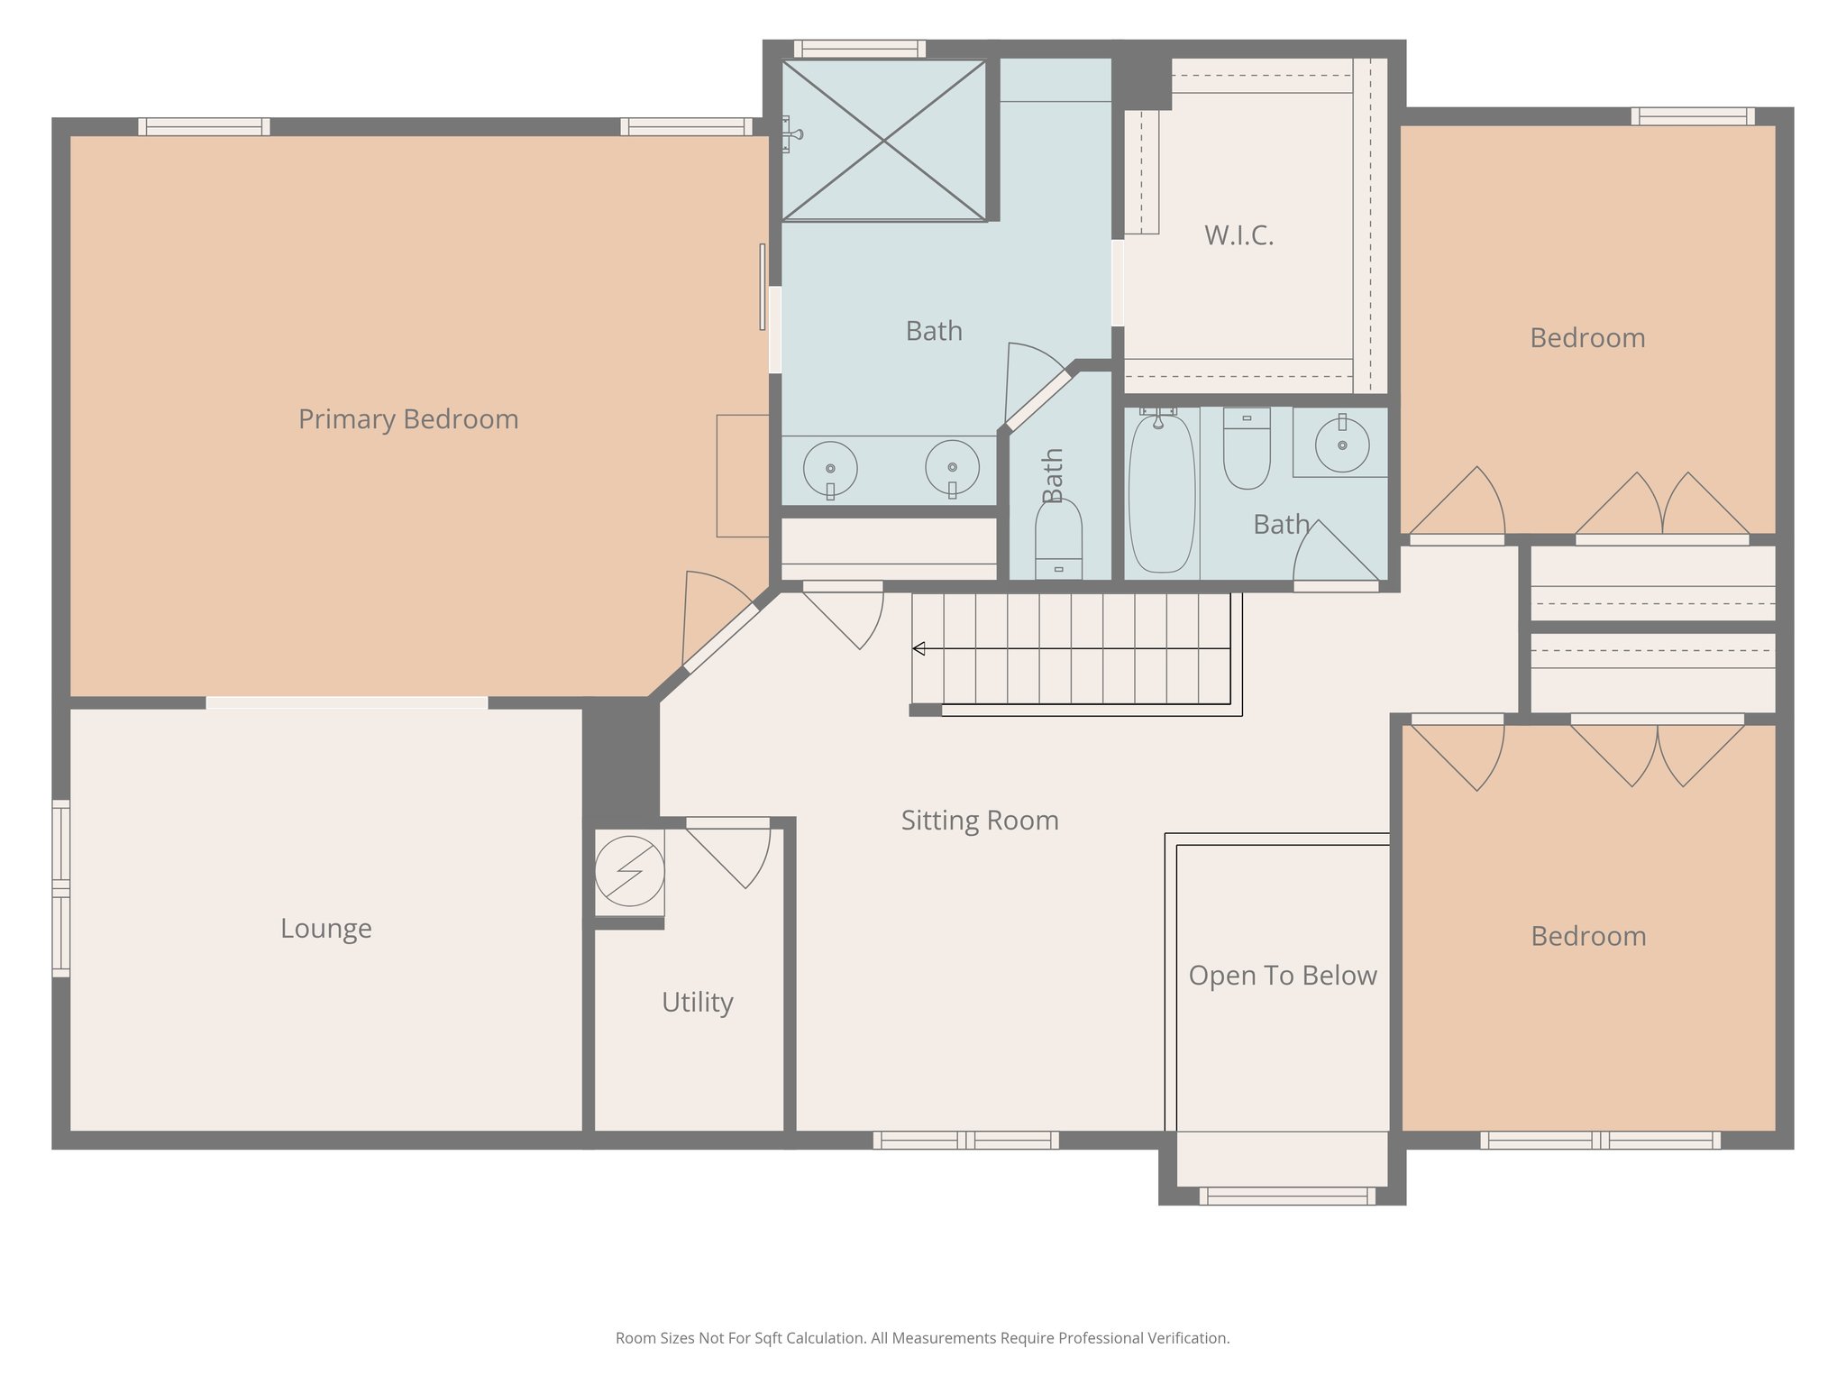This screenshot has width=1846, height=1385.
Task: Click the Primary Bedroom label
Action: click(x=408, y=419)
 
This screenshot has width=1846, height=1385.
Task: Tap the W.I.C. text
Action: click(x=1238, y=235)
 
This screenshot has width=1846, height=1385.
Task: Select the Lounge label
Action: click(x=325, y=928)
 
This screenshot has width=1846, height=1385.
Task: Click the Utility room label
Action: click(x=697, y=1002)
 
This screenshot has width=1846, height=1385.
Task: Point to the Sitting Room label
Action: click(x=980, y=821)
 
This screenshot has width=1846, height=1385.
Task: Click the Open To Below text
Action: click(x=1282, y=976)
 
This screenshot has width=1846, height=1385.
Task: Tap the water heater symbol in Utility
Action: click(x=629, y=871)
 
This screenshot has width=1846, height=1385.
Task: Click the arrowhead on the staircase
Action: click(x=918, y=648)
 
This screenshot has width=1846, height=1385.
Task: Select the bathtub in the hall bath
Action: click(x=1161, y=493)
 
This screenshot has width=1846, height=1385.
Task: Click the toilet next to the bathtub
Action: click(x=1247, y=448)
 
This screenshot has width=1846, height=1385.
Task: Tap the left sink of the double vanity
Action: click(x=830, y=469)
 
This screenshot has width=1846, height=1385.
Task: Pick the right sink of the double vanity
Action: click(x=952, y=468)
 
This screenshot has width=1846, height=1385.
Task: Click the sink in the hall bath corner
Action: click(x=1342, y=444)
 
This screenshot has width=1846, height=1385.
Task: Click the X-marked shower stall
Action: click(x=883, y=140)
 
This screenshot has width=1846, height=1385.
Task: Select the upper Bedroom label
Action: click(x=1587, y=338)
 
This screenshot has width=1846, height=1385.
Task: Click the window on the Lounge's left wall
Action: click(x=60, y=888)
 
